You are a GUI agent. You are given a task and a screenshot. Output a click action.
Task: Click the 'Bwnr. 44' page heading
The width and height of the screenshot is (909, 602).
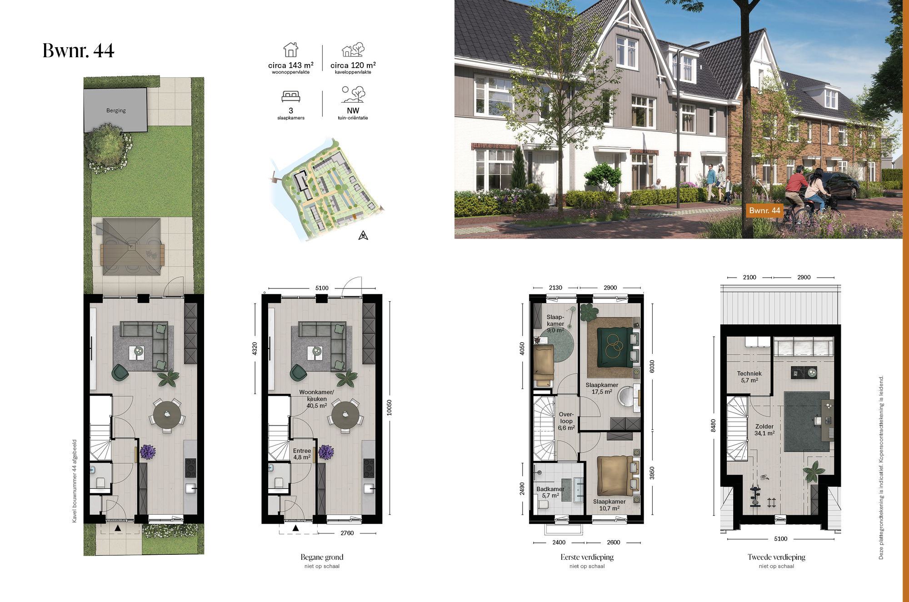click(x=78, y=50)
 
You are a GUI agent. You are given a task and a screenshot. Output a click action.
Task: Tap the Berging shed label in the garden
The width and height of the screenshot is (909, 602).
click(x=116, y=110)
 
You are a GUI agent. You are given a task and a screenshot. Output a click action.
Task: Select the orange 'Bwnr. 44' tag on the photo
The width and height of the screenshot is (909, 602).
click(x=764, y=210)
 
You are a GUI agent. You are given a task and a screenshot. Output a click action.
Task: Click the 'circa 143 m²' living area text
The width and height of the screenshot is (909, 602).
click(x=291, y=65)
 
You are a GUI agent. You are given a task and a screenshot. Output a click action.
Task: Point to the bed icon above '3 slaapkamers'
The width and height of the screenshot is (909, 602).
click(x=291, y=96)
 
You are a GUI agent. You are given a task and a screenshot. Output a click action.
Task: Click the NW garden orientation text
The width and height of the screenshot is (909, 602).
click(x=353, y=110)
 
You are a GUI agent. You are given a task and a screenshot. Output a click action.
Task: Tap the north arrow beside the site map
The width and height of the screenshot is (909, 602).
click(x=363, y=235)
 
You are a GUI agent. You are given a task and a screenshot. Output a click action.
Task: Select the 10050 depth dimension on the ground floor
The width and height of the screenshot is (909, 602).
click(x=389, y=408)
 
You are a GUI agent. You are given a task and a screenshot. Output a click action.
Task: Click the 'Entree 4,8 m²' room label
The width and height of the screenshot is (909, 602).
click(x=302, y=454)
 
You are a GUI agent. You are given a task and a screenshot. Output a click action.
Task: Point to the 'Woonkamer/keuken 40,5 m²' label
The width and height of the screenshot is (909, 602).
click(x=316, y=398)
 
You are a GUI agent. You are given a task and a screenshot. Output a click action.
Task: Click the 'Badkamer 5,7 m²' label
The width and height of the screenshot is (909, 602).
click(x=550, y=492)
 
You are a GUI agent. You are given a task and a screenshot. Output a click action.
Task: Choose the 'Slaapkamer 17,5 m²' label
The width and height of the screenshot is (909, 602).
click(x=602, y=388)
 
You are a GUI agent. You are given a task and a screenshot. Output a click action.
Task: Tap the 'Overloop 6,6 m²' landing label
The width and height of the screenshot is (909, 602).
click(x=566, y=421)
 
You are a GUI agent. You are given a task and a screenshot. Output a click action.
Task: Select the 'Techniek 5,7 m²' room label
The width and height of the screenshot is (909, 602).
click(x=749, y=377)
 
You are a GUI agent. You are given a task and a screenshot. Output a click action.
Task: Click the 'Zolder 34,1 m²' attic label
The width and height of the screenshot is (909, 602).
click(x=764, y=430)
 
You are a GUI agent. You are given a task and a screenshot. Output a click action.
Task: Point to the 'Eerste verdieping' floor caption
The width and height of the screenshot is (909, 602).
click(x=587, y=557)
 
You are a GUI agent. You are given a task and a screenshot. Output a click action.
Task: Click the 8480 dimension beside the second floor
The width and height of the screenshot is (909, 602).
click(x=713, y=425)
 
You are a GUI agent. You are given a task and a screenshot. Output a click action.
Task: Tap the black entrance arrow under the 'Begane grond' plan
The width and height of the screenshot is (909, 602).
click(x=295, y=528)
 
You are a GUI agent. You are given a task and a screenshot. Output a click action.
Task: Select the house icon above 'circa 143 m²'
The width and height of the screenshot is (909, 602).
click(x=291, y=50)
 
